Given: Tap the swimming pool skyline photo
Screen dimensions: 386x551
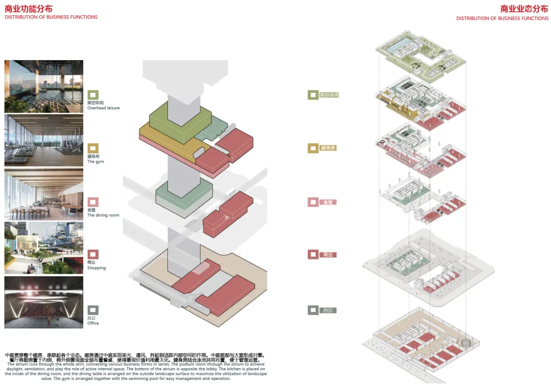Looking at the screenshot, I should [44, 86].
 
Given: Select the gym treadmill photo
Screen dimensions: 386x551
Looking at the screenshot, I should [44, 140].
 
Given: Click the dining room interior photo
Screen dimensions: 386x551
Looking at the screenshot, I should [44, 194].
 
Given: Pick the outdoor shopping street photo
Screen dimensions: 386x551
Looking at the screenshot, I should [44, 248].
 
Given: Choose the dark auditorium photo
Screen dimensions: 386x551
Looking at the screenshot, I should [44, 302].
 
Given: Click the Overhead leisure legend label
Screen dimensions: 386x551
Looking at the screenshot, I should [103, 108].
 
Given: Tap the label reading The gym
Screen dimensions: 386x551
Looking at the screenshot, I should [95, 162].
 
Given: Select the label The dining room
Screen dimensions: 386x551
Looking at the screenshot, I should [103, 215].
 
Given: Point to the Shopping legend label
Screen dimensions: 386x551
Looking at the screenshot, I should [96, 268].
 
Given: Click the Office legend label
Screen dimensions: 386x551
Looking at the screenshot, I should [93, 323].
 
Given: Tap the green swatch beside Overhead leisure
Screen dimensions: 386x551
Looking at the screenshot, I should [93, 95].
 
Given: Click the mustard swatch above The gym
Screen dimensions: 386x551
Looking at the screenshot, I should [93, 148].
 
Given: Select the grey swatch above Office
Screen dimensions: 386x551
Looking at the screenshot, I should [93, 310].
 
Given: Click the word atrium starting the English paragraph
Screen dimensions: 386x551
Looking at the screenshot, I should [23, 364].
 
